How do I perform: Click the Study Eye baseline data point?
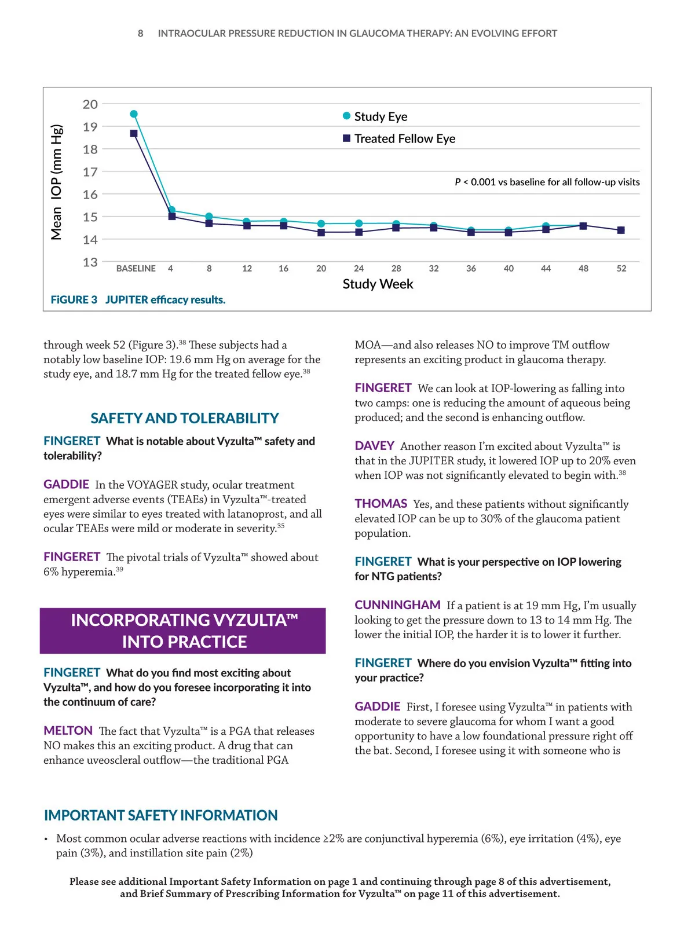click(x=134, y=114)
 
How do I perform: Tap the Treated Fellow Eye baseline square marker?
click(x=134, y=133)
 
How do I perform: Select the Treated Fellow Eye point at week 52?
click(x=621, y=230)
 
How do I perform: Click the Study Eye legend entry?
click(x=375, y=116)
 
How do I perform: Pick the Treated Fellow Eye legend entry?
click(x=399, y=139)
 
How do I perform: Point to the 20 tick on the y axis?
click(x=90, y=104)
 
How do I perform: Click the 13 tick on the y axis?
click(x=90, y=262)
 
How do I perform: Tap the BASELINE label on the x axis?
click(x=136, y=269)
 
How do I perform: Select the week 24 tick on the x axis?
click(x=359, y=269)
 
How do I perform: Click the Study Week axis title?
click(x=378, y=284)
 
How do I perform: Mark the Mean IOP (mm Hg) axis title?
click(x=56, y=182)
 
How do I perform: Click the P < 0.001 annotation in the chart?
click(x=547, y=182)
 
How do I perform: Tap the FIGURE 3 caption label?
click(x=74, y=300)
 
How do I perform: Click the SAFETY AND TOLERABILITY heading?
click(x=184, y=418)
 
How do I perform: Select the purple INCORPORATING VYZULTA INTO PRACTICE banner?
click(x=183, y=631)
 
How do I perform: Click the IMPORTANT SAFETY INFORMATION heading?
click(x=160, y=815)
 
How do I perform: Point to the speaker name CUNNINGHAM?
click(x=397, y=605)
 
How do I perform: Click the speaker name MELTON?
click(x=68, y=731)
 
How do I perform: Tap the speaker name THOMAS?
click(x=381, y=504)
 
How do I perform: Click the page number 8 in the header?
click(x=140, y=34)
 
